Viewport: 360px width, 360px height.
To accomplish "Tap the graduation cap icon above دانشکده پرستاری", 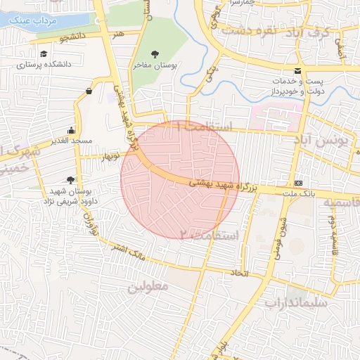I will click(44, 54).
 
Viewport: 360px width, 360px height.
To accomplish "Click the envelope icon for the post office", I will click(298, 72).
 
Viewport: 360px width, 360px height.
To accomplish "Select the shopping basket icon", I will click(89, 91).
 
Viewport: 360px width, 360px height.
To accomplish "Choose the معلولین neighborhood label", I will click(148, 286).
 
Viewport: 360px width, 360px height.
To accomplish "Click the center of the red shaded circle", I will click(180, 180).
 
